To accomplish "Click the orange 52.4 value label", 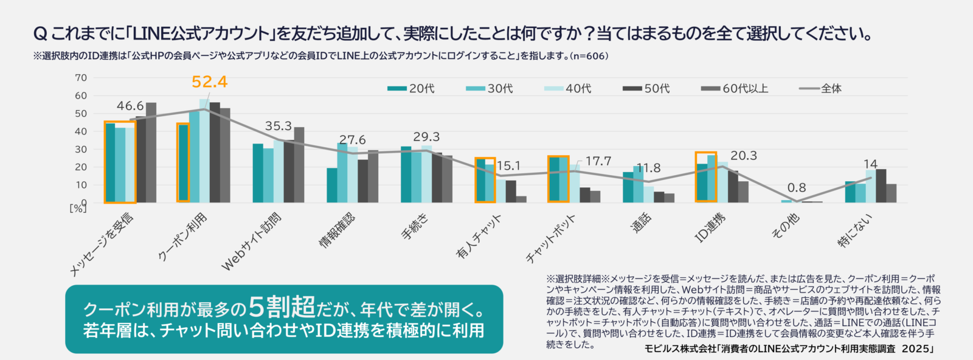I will pos(209,81).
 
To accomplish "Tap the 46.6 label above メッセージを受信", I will pos(130,106).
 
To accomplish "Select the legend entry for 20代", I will pos(412,89).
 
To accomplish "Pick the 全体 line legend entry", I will pos(820,89).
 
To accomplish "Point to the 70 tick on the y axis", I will pos(81,78).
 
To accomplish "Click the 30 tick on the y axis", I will pos(81,149).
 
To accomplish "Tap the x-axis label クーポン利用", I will pos(183,237).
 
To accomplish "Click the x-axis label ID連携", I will pos(711,228).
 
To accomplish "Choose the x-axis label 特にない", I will pos(855,230).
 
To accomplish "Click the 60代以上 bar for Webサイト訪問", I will pos(299,165).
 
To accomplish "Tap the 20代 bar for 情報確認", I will pos(331,185).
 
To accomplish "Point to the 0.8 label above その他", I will pos(797,187).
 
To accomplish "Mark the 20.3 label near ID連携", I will pos(743,156).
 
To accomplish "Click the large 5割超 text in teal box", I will pos(282,307).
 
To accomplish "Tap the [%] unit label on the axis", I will pos(78,209).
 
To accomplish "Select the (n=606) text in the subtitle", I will pos(589,56).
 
